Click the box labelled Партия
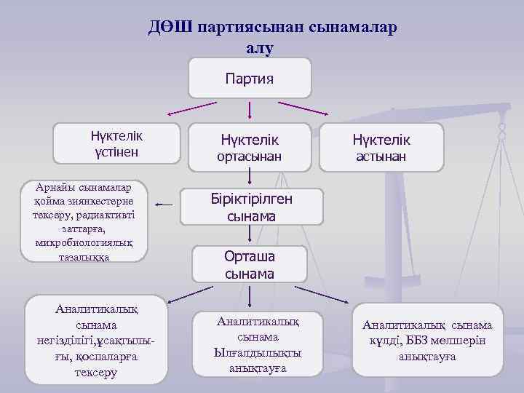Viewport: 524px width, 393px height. [x=250, y=78]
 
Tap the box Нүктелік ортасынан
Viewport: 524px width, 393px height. [x=250, y=147]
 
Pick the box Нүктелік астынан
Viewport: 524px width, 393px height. [x=381, y=147]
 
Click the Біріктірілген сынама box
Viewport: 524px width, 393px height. [x=250, y=207]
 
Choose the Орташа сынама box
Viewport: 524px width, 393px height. [x=250, y=264]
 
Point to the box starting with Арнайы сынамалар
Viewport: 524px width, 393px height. [x=84, y=221]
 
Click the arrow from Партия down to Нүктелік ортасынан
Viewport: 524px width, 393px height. [x=250, y=110]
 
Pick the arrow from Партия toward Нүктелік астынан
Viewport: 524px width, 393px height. [x=309, y=108]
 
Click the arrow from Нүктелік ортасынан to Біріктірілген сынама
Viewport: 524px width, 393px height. [x=250, y=177]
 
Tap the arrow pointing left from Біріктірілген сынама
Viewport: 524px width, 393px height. [x=164, y=205]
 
